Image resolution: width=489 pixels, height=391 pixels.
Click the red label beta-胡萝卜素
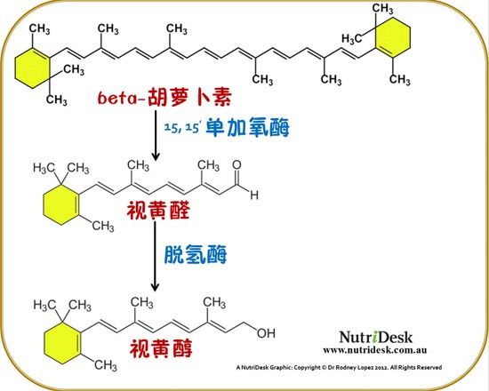[164, 97]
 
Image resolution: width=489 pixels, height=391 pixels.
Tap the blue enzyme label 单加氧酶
[248, 127]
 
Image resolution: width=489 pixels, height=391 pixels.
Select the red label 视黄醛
[158, 210]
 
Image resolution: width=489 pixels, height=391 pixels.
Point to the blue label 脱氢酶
[196, 254]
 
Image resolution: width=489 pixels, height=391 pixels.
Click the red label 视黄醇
[161, 348]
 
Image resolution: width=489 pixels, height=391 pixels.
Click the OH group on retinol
[266, 333]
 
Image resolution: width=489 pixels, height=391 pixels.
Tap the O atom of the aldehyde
[237, 165]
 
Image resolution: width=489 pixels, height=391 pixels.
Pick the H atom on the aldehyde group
[254, 195]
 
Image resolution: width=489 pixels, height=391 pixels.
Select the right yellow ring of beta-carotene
[392, 37]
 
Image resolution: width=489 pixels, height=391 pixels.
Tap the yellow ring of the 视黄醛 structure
[60, 204]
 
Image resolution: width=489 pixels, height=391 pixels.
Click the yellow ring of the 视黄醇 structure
[62, 343]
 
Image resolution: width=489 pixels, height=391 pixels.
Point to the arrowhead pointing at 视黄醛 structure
[155, 156]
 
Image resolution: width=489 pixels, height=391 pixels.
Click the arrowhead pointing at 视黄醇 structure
[155, 287]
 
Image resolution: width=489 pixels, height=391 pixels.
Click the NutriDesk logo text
[375, 337]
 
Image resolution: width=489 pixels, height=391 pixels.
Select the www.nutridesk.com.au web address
[375, 350]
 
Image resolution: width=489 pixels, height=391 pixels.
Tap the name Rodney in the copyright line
[347, 367]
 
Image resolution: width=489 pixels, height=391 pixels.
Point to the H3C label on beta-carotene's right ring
[351, 39]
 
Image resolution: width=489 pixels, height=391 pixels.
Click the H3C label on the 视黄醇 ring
[44, 305]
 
